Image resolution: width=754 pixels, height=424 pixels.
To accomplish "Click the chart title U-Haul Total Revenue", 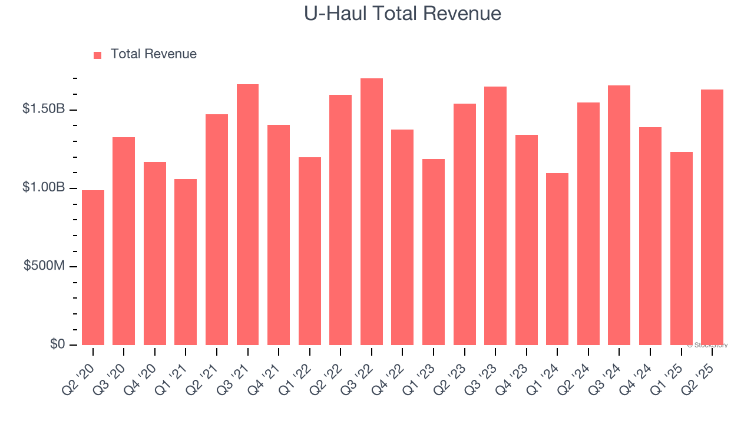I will pos(402,14).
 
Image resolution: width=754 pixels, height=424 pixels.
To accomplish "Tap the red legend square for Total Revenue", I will pos(97,55).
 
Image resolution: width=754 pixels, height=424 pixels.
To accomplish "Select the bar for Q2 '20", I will pos(93,268).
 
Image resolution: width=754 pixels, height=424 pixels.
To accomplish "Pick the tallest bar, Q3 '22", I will pos(372,212).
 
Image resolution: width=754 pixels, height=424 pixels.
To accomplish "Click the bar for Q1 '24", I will pos(557,259).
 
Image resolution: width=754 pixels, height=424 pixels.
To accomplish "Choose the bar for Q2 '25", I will pos(712,217).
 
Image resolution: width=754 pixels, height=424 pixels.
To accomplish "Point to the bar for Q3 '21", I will pos(247,215).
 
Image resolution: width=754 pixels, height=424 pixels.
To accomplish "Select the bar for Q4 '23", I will pos(527,240).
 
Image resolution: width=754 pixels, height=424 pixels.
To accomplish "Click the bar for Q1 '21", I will pos(186,262).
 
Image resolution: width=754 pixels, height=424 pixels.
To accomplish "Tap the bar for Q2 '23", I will pos(465,224).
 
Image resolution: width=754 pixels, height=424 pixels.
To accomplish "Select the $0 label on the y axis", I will pos(57,344).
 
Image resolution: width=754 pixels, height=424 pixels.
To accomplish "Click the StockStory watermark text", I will pos(707,345).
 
